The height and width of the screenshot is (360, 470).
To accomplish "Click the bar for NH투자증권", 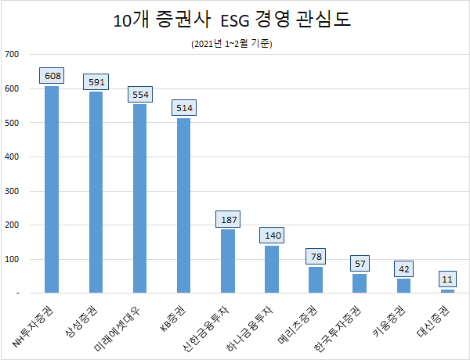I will pyautogui.click(x=52, y=189).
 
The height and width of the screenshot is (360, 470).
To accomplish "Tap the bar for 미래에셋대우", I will pyautogui.click(x=139, y=199).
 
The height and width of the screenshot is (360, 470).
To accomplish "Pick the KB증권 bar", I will pyautogui.click(x=183, y=206).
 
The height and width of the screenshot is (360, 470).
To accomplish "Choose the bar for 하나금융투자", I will pyautogui.click(x=271, y=269).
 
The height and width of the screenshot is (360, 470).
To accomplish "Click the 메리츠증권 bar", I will pyautogui.click(x=315, y=280).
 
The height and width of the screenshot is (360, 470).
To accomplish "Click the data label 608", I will pyautogui.click(x=52, y=76).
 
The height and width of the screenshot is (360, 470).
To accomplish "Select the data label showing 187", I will pyautogui.click(x=227, y=219).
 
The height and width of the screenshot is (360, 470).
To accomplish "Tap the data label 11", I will pyautogui.click(x=447, y=279).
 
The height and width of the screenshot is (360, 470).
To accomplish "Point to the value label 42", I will pyautogui.click(x=403, y=269).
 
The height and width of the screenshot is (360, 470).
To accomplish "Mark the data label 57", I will pyautogui.click(x=360, y=264).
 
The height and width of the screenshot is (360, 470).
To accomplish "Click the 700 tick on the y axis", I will pyautogui.click(x=12, y=54).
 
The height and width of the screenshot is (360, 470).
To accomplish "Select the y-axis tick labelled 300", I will pyautogui.click(x=12, y=191).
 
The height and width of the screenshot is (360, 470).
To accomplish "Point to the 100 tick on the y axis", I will pyautogui.click(x=12, y=259).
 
